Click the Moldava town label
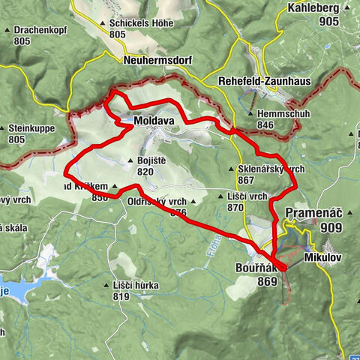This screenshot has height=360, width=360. pos(155,121)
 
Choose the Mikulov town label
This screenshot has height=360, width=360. pos(323,256)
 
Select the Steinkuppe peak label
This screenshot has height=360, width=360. pos(31,128)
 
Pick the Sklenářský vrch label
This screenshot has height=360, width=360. pos(271,169)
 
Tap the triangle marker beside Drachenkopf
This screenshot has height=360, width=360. pos(7,31)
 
